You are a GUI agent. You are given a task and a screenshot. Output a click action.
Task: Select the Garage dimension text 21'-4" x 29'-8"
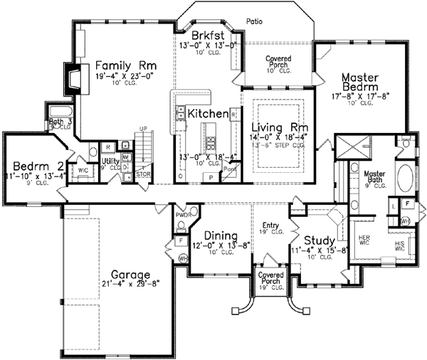tap(125, 283)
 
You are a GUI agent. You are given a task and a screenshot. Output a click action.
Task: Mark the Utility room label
tap(111, 162)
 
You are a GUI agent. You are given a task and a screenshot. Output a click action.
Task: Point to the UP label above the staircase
tap(143, 129)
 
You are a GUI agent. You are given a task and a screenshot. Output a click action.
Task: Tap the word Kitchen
tap(207, 114)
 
